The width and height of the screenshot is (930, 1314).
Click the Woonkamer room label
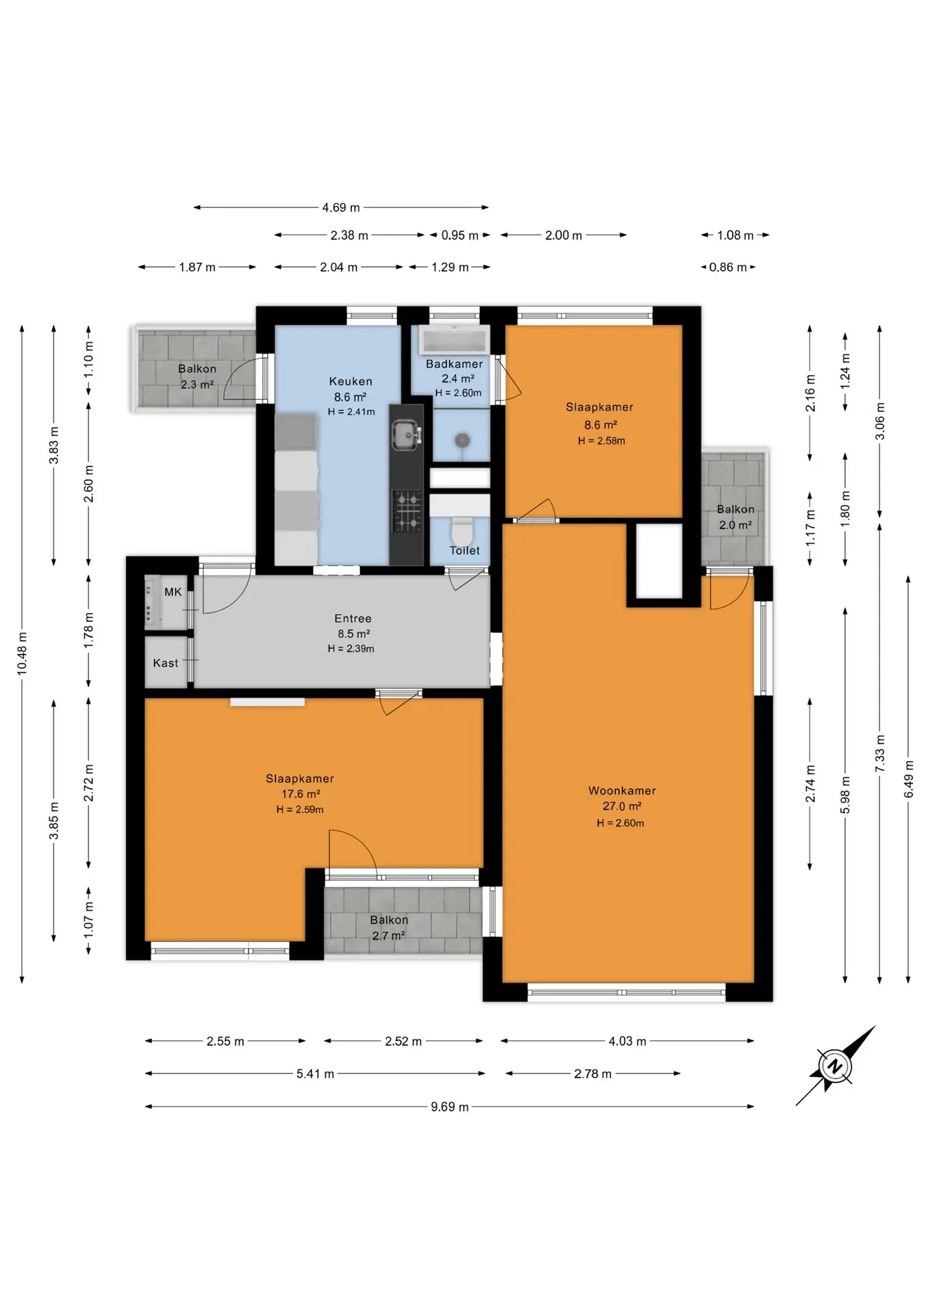click(622, 790)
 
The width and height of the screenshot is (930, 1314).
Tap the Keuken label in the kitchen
click(351, 381)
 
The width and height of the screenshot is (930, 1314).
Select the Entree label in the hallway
click(353, 619)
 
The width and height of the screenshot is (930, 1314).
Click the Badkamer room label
click(454, 364)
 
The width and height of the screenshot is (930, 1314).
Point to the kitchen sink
click(406, 435)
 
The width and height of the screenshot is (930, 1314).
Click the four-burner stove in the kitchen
click(407, 511)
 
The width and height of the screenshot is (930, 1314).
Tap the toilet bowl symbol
click(462, 530)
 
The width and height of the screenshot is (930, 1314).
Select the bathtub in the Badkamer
click(455, 339)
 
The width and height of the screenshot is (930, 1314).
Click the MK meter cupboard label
click(173, 592)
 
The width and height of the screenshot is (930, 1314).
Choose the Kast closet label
click(166, 663)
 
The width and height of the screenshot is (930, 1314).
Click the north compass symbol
click(835, 1066)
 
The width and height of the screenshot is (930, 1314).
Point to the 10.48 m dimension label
click(23, 654)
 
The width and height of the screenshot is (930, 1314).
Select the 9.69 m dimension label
click(450, 1107)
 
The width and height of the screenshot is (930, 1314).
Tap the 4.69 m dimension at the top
click(341, 207)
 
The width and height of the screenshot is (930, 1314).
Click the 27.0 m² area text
click(622, 806)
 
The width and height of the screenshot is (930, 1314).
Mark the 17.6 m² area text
click(301, 794)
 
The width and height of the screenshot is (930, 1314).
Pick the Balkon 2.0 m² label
click(736, 517)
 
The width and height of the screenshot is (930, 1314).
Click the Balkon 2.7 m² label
click(389, 928)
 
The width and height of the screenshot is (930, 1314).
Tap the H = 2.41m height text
click(351, 412)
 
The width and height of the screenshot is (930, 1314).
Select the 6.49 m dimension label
click(909, 779)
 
